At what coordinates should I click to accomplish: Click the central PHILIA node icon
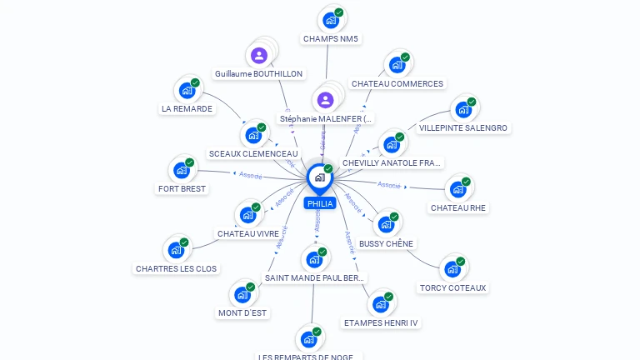[319, 177]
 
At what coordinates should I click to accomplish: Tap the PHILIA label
[320, 203]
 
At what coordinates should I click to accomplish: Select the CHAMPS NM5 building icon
[331, 20]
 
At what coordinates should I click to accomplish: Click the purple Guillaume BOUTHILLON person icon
[259, 56]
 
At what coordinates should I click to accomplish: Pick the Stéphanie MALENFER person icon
[325, 100]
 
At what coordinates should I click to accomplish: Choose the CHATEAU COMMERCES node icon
[397, 65]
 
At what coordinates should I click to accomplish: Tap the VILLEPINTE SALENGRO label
[463, 128]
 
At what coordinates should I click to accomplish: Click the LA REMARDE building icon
[187, 90]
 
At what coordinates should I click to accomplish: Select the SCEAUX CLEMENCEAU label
[253, 154]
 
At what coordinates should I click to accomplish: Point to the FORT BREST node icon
[181, 170]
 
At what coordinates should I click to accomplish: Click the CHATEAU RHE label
[458, 207]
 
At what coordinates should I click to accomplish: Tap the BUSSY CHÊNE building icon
[385, 224]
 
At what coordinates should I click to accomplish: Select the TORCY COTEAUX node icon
[452, 268]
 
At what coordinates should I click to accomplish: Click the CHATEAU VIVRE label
[248, 234]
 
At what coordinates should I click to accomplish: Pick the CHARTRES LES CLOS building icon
[176, 250]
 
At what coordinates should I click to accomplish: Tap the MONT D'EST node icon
[242, 294]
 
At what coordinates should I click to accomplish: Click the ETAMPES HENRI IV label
[381, 322]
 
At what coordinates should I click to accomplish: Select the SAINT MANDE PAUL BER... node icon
[314, 259]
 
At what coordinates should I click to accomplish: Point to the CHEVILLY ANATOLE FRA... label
[392, 163]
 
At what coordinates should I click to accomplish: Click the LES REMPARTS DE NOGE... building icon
[308, 339]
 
